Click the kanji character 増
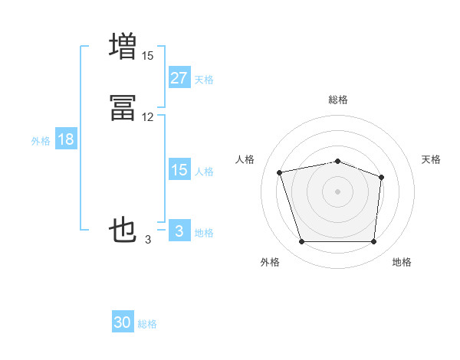123,45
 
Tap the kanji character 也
123,229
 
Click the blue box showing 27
179,78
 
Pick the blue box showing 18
65,139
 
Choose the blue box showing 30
123,322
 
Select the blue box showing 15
179,170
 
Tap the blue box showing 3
179,231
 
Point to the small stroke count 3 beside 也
147,240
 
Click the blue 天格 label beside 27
204,80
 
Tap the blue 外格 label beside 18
40,141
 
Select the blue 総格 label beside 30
147,324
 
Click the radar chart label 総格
338,100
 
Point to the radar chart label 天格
431,159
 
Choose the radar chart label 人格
245,159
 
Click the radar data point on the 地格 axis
373,242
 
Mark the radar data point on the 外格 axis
302,242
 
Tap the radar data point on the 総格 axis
338,161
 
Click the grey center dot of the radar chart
338,191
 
